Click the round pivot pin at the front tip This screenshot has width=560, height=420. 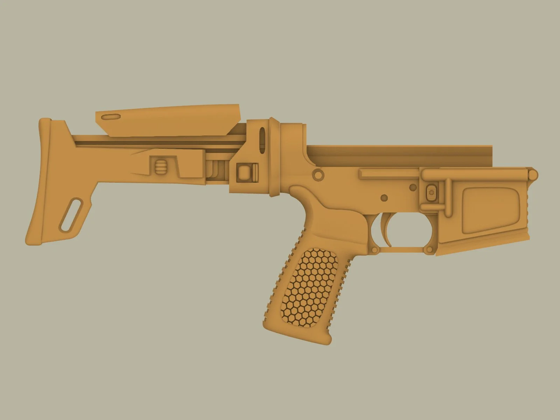pos(533,174)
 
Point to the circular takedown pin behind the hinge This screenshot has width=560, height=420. pos(318,174)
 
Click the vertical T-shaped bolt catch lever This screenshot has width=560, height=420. pos(446,196)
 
